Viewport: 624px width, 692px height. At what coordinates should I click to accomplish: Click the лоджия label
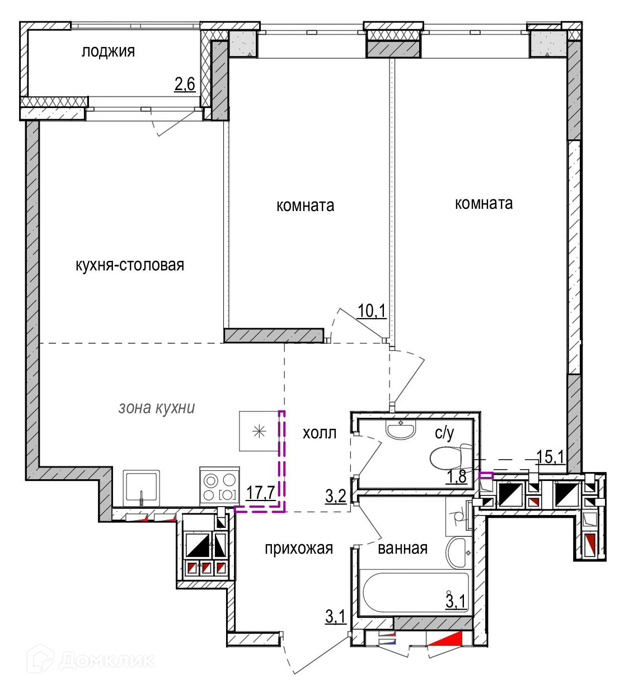[108, 52]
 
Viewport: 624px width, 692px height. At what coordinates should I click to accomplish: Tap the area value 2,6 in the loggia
[185, 84]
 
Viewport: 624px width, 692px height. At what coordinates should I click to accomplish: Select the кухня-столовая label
[130, 265]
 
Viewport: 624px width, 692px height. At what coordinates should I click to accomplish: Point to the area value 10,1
[372, 311]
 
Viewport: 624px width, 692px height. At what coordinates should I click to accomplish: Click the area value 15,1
[551, 457]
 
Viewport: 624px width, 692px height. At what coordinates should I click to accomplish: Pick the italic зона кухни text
[157, 408]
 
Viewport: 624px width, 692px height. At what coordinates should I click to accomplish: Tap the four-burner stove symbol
[220, 486]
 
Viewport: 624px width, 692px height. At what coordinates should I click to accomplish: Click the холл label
[320, 433]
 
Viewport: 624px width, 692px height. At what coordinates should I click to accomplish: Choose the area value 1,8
[457, 477]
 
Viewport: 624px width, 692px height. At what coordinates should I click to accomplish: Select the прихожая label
[299, 548]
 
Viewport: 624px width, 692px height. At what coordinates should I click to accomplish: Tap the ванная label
[402, 548]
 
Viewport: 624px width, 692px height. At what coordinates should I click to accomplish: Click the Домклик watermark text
[107, 661]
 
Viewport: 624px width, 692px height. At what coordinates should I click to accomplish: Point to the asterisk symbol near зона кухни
[259, 432]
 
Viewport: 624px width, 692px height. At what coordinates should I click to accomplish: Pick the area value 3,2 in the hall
[336, 497]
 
